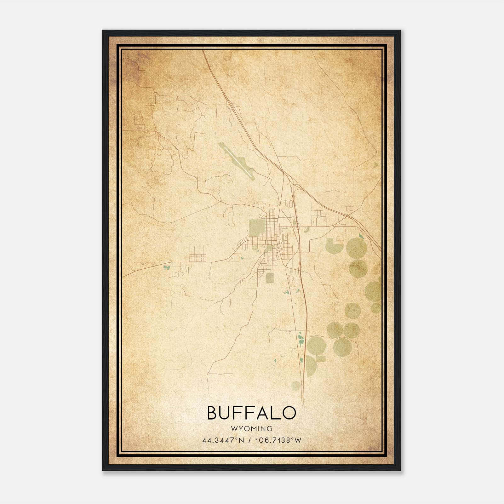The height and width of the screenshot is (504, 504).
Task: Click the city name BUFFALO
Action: click(252, 413)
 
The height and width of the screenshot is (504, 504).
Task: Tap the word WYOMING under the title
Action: click(252, 429)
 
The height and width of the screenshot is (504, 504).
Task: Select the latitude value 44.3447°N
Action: click(223, 440)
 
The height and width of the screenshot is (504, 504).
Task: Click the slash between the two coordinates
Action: click(250, 440)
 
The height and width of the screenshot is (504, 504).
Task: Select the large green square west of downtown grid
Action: click(257, 228)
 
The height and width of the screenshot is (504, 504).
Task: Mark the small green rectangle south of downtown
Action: click(270, 278)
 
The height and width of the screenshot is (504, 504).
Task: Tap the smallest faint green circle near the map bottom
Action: click(295, 386)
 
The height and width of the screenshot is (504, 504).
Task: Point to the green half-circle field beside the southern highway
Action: click(311, 365)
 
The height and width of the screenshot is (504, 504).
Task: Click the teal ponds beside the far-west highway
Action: click(166, 268)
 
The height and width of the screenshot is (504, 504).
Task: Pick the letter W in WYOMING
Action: click(234, 429)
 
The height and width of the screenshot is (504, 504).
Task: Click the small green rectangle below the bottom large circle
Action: click(321, 358)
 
